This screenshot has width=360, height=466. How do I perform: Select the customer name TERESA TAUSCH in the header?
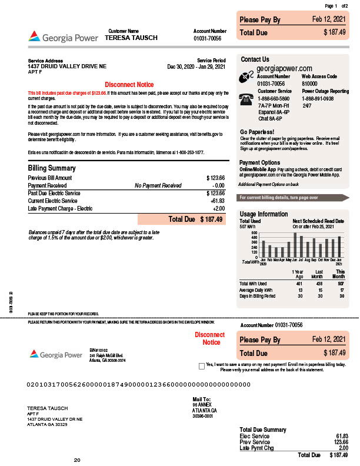(131, 38)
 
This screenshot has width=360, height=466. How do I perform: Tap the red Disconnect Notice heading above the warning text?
(129, 85)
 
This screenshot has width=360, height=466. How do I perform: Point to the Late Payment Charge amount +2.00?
(218, 208)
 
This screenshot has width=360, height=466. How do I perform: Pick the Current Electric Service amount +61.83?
(217, 201)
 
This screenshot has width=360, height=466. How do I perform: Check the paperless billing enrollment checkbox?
(202, 365)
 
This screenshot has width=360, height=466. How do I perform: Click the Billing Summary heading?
(52, 168)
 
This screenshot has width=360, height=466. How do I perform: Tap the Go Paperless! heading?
(257, 132)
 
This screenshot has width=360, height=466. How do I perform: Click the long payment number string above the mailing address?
(139, 385)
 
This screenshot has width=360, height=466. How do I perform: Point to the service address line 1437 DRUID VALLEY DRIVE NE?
(67, 66)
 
